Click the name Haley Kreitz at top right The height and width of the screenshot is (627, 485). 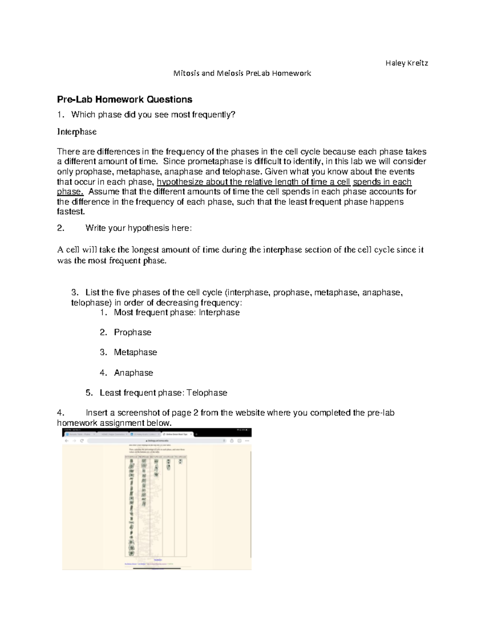pos(407,63)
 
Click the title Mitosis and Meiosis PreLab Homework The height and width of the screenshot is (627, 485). pos(242,73)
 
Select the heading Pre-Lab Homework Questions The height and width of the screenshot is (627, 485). pos(124,99)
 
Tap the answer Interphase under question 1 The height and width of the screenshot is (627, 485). pos(77,132)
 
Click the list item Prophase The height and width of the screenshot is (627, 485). pos(133,332)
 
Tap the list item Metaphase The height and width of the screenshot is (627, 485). pos(135,352)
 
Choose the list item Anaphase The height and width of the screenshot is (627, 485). pos(133,373)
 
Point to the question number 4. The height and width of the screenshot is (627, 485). pos(61,413)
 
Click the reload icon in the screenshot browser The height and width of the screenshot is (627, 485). pos(82,441)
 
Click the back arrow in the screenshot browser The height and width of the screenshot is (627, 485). pos(67,441)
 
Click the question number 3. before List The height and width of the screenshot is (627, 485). pos(74,293)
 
